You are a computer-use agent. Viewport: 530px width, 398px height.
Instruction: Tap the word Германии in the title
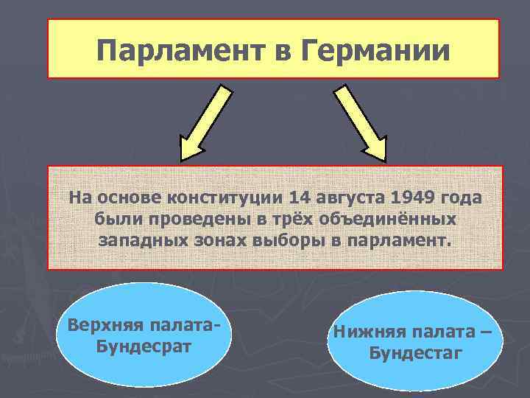pyautogui.click(x=373, y=50)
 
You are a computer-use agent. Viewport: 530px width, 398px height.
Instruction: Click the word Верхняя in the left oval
pyautogui.click(x=101, y=325)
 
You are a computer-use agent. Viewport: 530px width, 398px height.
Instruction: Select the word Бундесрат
pyautogui.click(x=144, y=346)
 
